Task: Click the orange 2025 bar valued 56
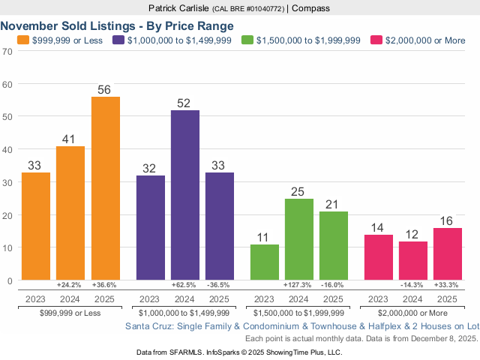coord(105,188)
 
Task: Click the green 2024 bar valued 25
coord(299,239)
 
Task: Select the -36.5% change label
coord(219,286)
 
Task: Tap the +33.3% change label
coord(447,286)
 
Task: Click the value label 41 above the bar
coord(70,139)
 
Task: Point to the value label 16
coord(447,220)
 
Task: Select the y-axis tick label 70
coord(7,52)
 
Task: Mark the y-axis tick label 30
coord(7,182)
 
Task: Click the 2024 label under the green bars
coord(299,298)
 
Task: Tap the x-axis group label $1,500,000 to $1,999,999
coord(299,312)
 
